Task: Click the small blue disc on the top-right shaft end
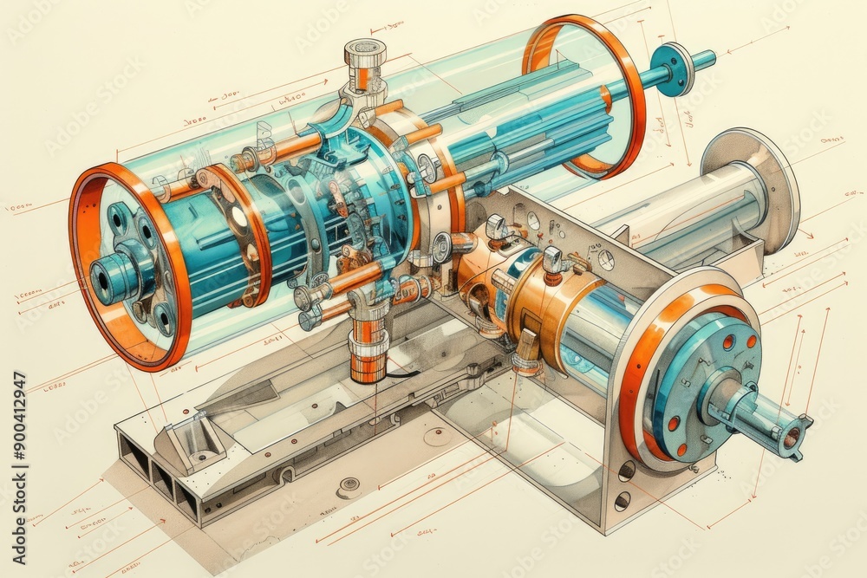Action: [675, 68]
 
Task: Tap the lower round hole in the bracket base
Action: [623, 501]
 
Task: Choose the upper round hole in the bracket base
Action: [626, 471]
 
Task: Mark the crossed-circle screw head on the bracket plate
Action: [605, 259]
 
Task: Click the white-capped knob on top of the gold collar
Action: [551, 257]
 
